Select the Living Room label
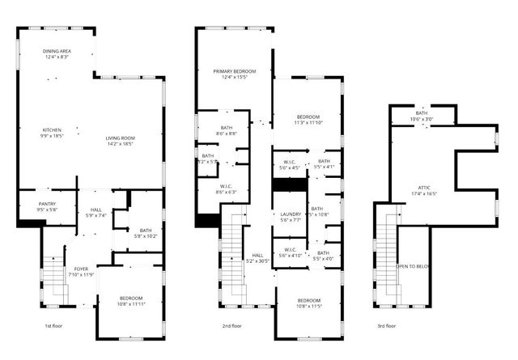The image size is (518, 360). (120, 138)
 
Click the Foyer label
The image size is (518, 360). (82, 269)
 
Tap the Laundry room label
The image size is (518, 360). (290, 214)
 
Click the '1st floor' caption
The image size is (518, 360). (53, 326)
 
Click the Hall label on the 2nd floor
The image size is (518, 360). (257, 255)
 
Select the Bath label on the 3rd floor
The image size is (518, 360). (422, 113)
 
